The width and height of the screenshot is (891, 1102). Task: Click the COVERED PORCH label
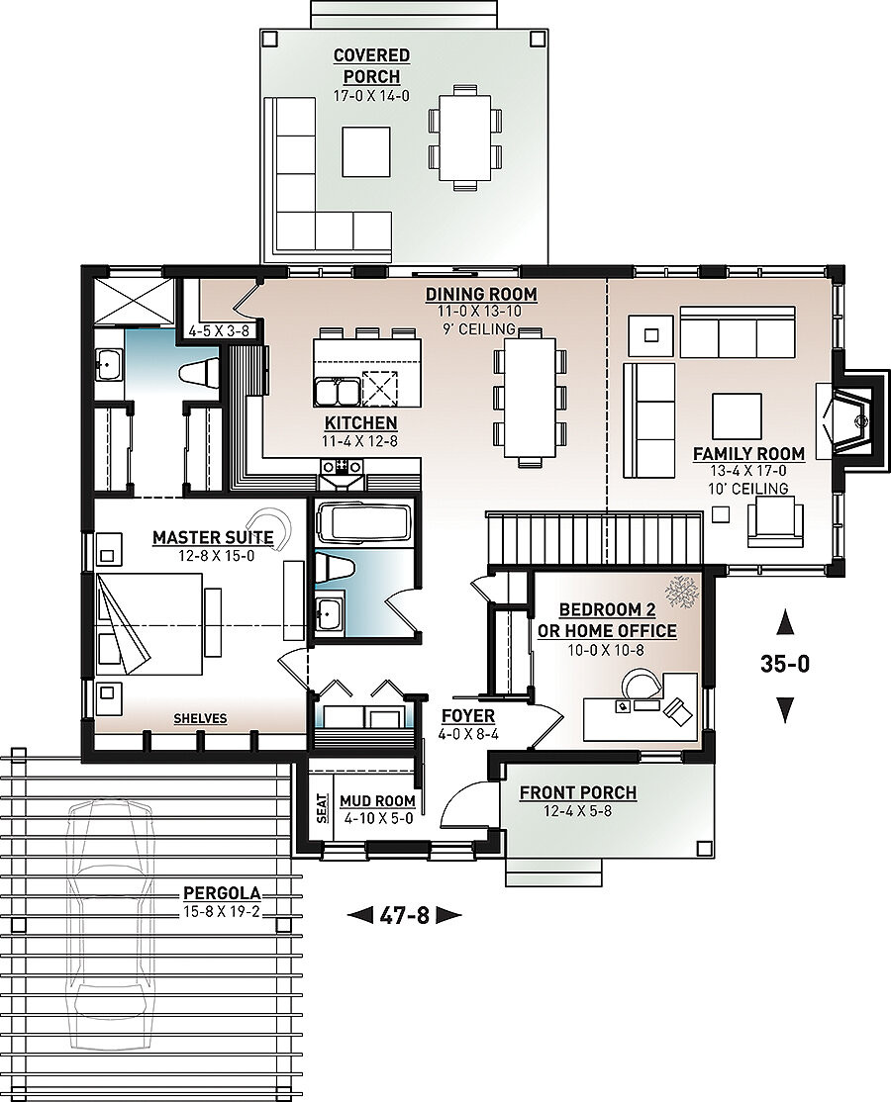(x=371, y=66)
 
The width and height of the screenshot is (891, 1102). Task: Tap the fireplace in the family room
(x=849, y=419)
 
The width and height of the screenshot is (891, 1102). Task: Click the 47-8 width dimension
(x=404, y=915)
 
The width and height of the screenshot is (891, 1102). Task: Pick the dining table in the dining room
(x=529, y=398)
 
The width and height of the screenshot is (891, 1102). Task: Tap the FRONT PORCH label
(x=577, y=792)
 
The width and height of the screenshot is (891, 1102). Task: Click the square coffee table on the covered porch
(x=366, y=150)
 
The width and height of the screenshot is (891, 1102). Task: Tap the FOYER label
(x=468, y=716)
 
